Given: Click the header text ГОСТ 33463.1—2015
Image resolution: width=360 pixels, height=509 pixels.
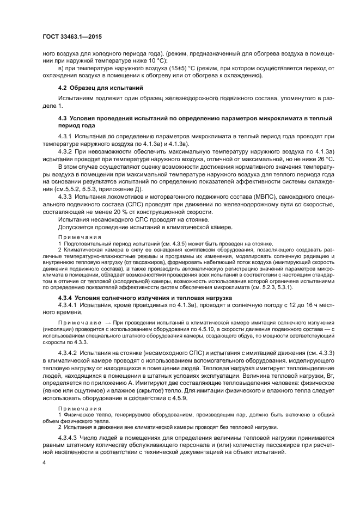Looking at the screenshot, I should click(x=72, y=36).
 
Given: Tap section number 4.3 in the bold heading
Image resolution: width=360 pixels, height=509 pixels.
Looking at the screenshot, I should click(x=63, y=118).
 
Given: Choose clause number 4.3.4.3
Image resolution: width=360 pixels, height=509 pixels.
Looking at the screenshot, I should click(x=69, y=439).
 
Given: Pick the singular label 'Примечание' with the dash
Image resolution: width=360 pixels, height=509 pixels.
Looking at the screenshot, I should click(x=77, y=323).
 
